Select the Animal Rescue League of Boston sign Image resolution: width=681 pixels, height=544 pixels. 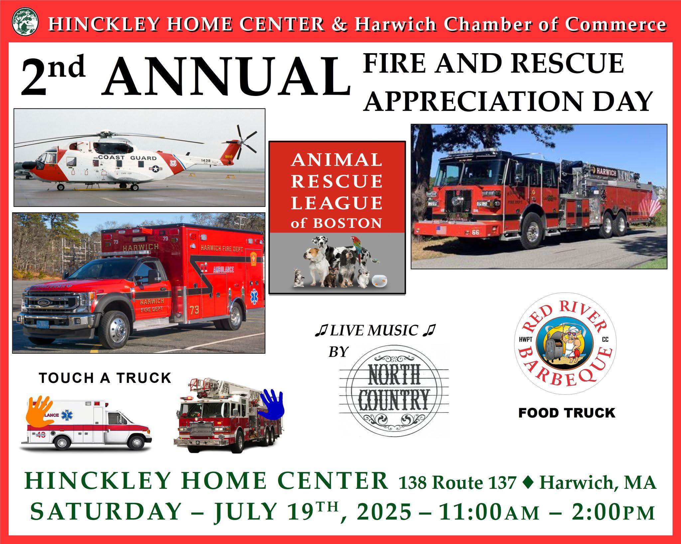coord(337,218)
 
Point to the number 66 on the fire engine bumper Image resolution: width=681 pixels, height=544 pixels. coord(475,232)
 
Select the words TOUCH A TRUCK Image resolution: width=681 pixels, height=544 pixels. coord(105,378)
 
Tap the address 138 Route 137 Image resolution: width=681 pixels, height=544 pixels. coord(458,483)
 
